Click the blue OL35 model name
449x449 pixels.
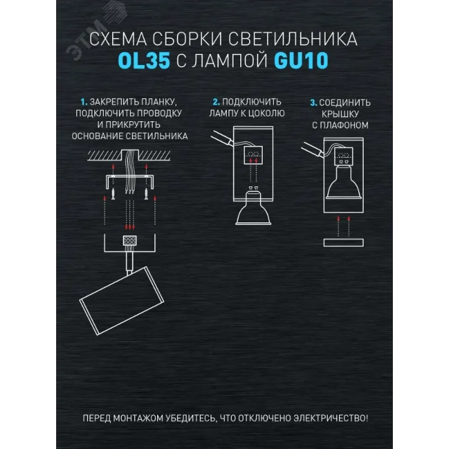click(x=144, y=61)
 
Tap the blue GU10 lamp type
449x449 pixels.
click(x=301, y=61)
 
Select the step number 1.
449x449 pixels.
click(x=84, y=102)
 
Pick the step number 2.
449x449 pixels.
click(x=216, y=102)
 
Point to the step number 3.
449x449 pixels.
click(x=314, y=103)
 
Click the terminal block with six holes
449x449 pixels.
click(x=130, y=241)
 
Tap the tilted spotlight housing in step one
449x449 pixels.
click(x=122, y=301)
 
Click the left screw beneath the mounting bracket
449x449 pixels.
click(x=113, y=194)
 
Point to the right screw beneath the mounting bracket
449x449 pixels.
click(x=146, y=194)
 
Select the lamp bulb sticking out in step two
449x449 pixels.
click(x=253, y=208)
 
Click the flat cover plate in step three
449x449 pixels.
click(x=343, y=242)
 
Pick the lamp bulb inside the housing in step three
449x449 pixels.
click(x=343, y=180)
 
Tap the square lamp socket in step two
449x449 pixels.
click(x=253, y=155)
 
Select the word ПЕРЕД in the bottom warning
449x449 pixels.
click(x=97, y=418)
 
